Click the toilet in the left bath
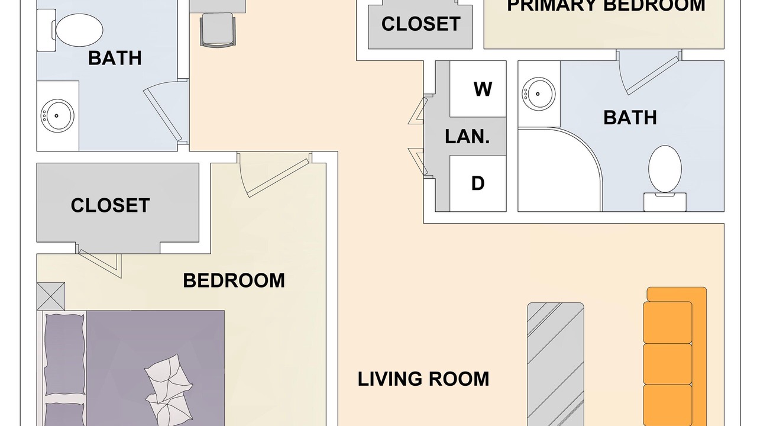(x=70, y=30)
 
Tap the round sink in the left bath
(x=57, y=115)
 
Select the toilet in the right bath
(x=665, y=178)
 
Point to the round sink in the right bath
(x=538, y=93)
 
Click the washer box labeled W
(x=478, y=89)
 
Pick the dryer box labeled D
(x=478, y=183)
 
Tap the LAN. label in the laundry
(x=467, y=137)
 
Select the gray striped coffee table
(x=555, y=364)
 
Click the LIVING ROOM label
(x=423, y=379)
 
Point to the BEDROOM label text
(x=234, y=280)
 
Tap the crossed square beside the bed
(x=51, y=296)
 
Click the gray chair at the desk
(x=218, y=30)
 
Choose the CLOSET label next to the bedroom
(x=110, y=205)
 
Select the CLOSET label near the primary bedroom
(x=420, y=24)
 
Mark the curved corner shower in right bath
(x=560, y=169)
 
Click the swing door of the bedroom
(x=274, y=174)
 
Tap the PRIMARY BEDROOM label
(x=606, y=5)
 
